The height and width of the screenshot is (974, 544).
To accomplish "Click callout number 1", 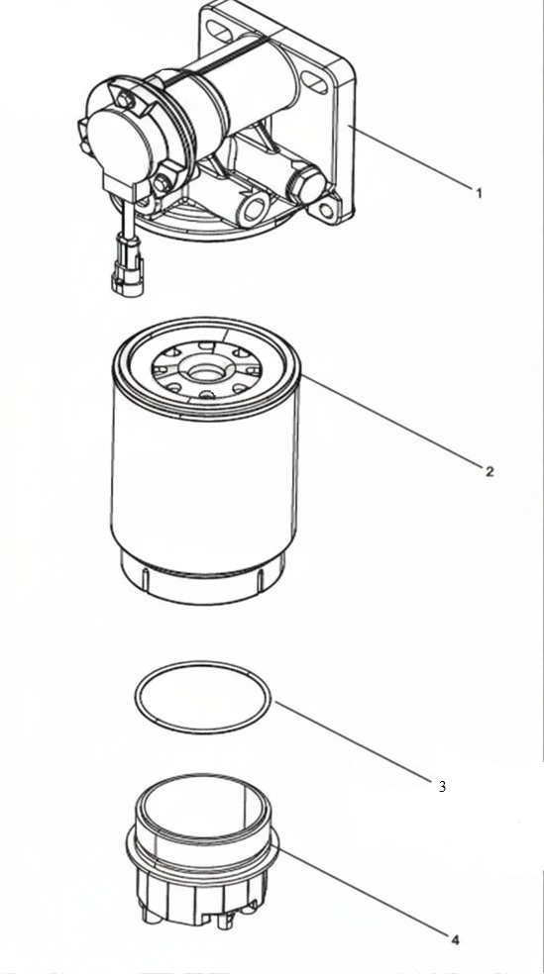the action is point(479,193).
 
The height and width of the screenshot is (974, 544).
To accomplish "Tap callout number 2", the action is point(490,471).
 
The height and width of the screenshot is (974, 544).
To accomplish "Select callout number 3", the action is point(442,786).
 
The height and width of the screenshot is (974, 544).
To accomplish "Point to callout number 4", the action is point(455,940).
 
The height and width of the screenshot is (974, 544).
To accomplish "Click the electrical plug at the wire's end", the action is point(128,274).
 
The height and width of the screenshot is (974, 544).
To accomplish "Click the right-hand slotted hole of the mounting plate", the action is point(314,82).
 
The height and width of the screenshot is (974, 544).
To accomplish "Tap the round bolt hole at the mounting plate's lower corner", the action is point(326,211).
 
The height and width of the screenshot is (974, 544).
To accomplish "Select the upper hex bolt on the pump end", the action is point(126,99).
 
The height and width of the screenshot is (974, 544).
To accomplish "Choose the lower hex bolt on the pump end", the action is point(163,182).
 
